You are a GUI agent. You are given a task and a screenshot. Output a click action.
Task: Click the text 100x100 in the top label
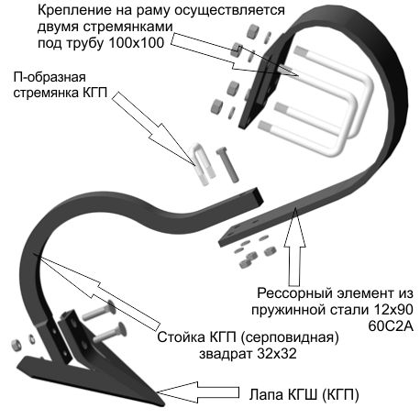[x=137, y=43]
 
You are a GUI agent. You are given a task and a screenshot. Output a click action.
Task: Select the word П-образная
[x=50, y=77]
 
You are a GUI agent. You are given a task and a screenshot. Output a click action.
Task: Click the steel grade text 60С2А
[x=391, y=326]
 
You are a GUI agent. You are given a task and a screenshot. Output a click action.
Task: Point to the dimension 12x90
[x=393, y=310]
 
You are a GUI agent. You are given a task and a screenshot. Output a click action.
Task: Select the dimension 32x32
[x=277, y=354]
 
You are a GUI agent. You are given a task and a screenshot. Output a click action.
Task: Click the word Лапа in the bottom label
[x=266, y=394]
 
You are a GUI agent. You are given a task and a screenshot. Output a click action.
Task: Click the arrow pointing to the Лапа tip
[x=198, y=392]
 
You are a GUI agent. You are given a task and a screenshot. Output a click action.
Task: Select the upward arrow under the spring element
[x=294, y=247]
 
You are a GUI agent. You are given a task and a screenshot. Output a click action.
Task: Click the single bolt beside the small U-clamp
[x=227, y=164]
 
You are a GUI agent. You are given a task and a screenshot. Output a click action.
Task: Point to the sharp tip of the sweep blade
[x=163, y=403]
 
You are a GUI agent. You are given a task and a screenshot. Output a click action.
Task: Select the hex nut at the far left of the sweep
[x=16, y=345]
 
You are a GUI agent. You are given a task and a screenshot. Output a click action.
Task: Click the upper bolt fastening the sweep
[x=99, y=311]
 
